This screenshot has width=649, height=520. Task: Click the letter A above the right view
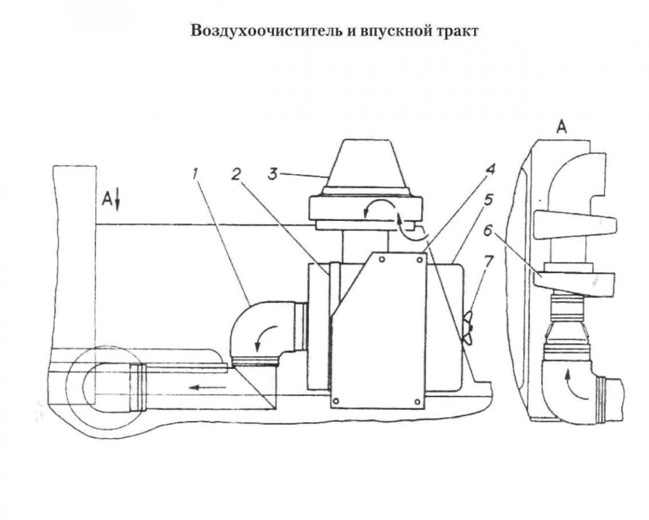[x=562, y=128]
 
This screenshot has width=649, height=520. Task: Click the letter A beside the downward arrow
[x=108, y=200]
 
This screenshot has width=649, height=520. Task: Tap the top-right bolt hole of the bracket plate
[x=419, y=259]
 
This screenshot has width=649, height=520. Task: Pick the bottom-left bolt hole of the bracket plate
[x=336, y=402]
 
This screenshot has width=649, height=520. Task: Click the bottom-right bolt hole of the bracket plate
[x=418, y=401]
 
